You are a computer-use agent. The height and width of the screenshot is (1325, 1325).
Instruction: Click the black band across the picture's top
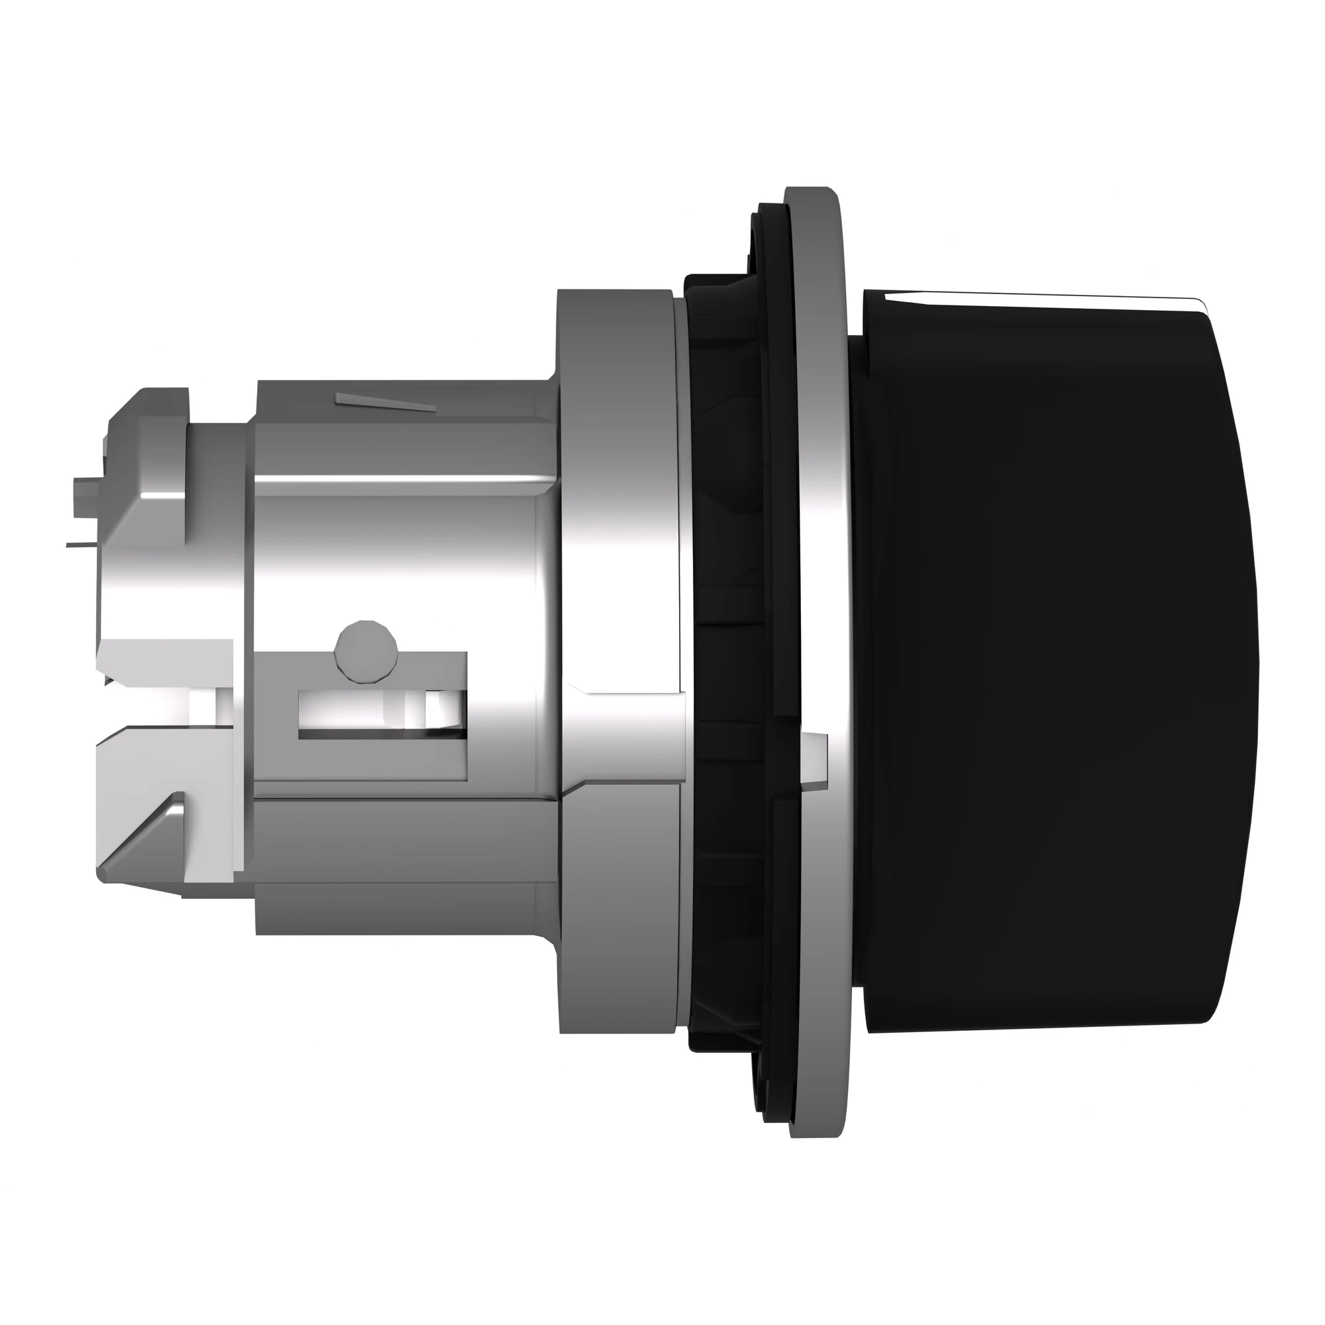[662, 65]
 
